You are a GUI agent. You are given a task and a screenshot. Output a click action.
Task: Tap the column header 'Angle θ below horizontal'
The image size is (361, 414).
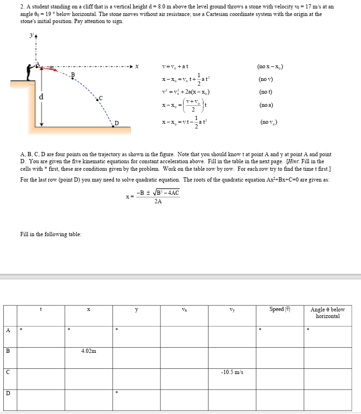click(328, 313)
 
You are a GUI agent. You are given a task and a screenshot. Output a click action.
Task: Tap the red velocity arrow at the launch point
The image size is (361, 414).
click(49, 69)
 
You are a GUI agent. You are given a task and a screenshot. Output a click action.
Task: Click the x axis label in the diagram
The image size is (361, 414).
click(137, 66)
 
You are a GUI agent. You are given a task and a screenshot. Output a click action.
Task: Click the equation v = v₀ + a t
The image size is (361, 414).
click(175, 66)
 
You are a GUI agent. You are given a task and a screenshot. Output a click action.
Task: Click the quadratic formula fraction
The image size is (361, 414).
click(157, 197)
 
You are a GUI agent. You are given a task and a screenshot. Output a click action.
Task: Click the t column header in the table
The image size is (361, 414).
click(41, 310)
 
